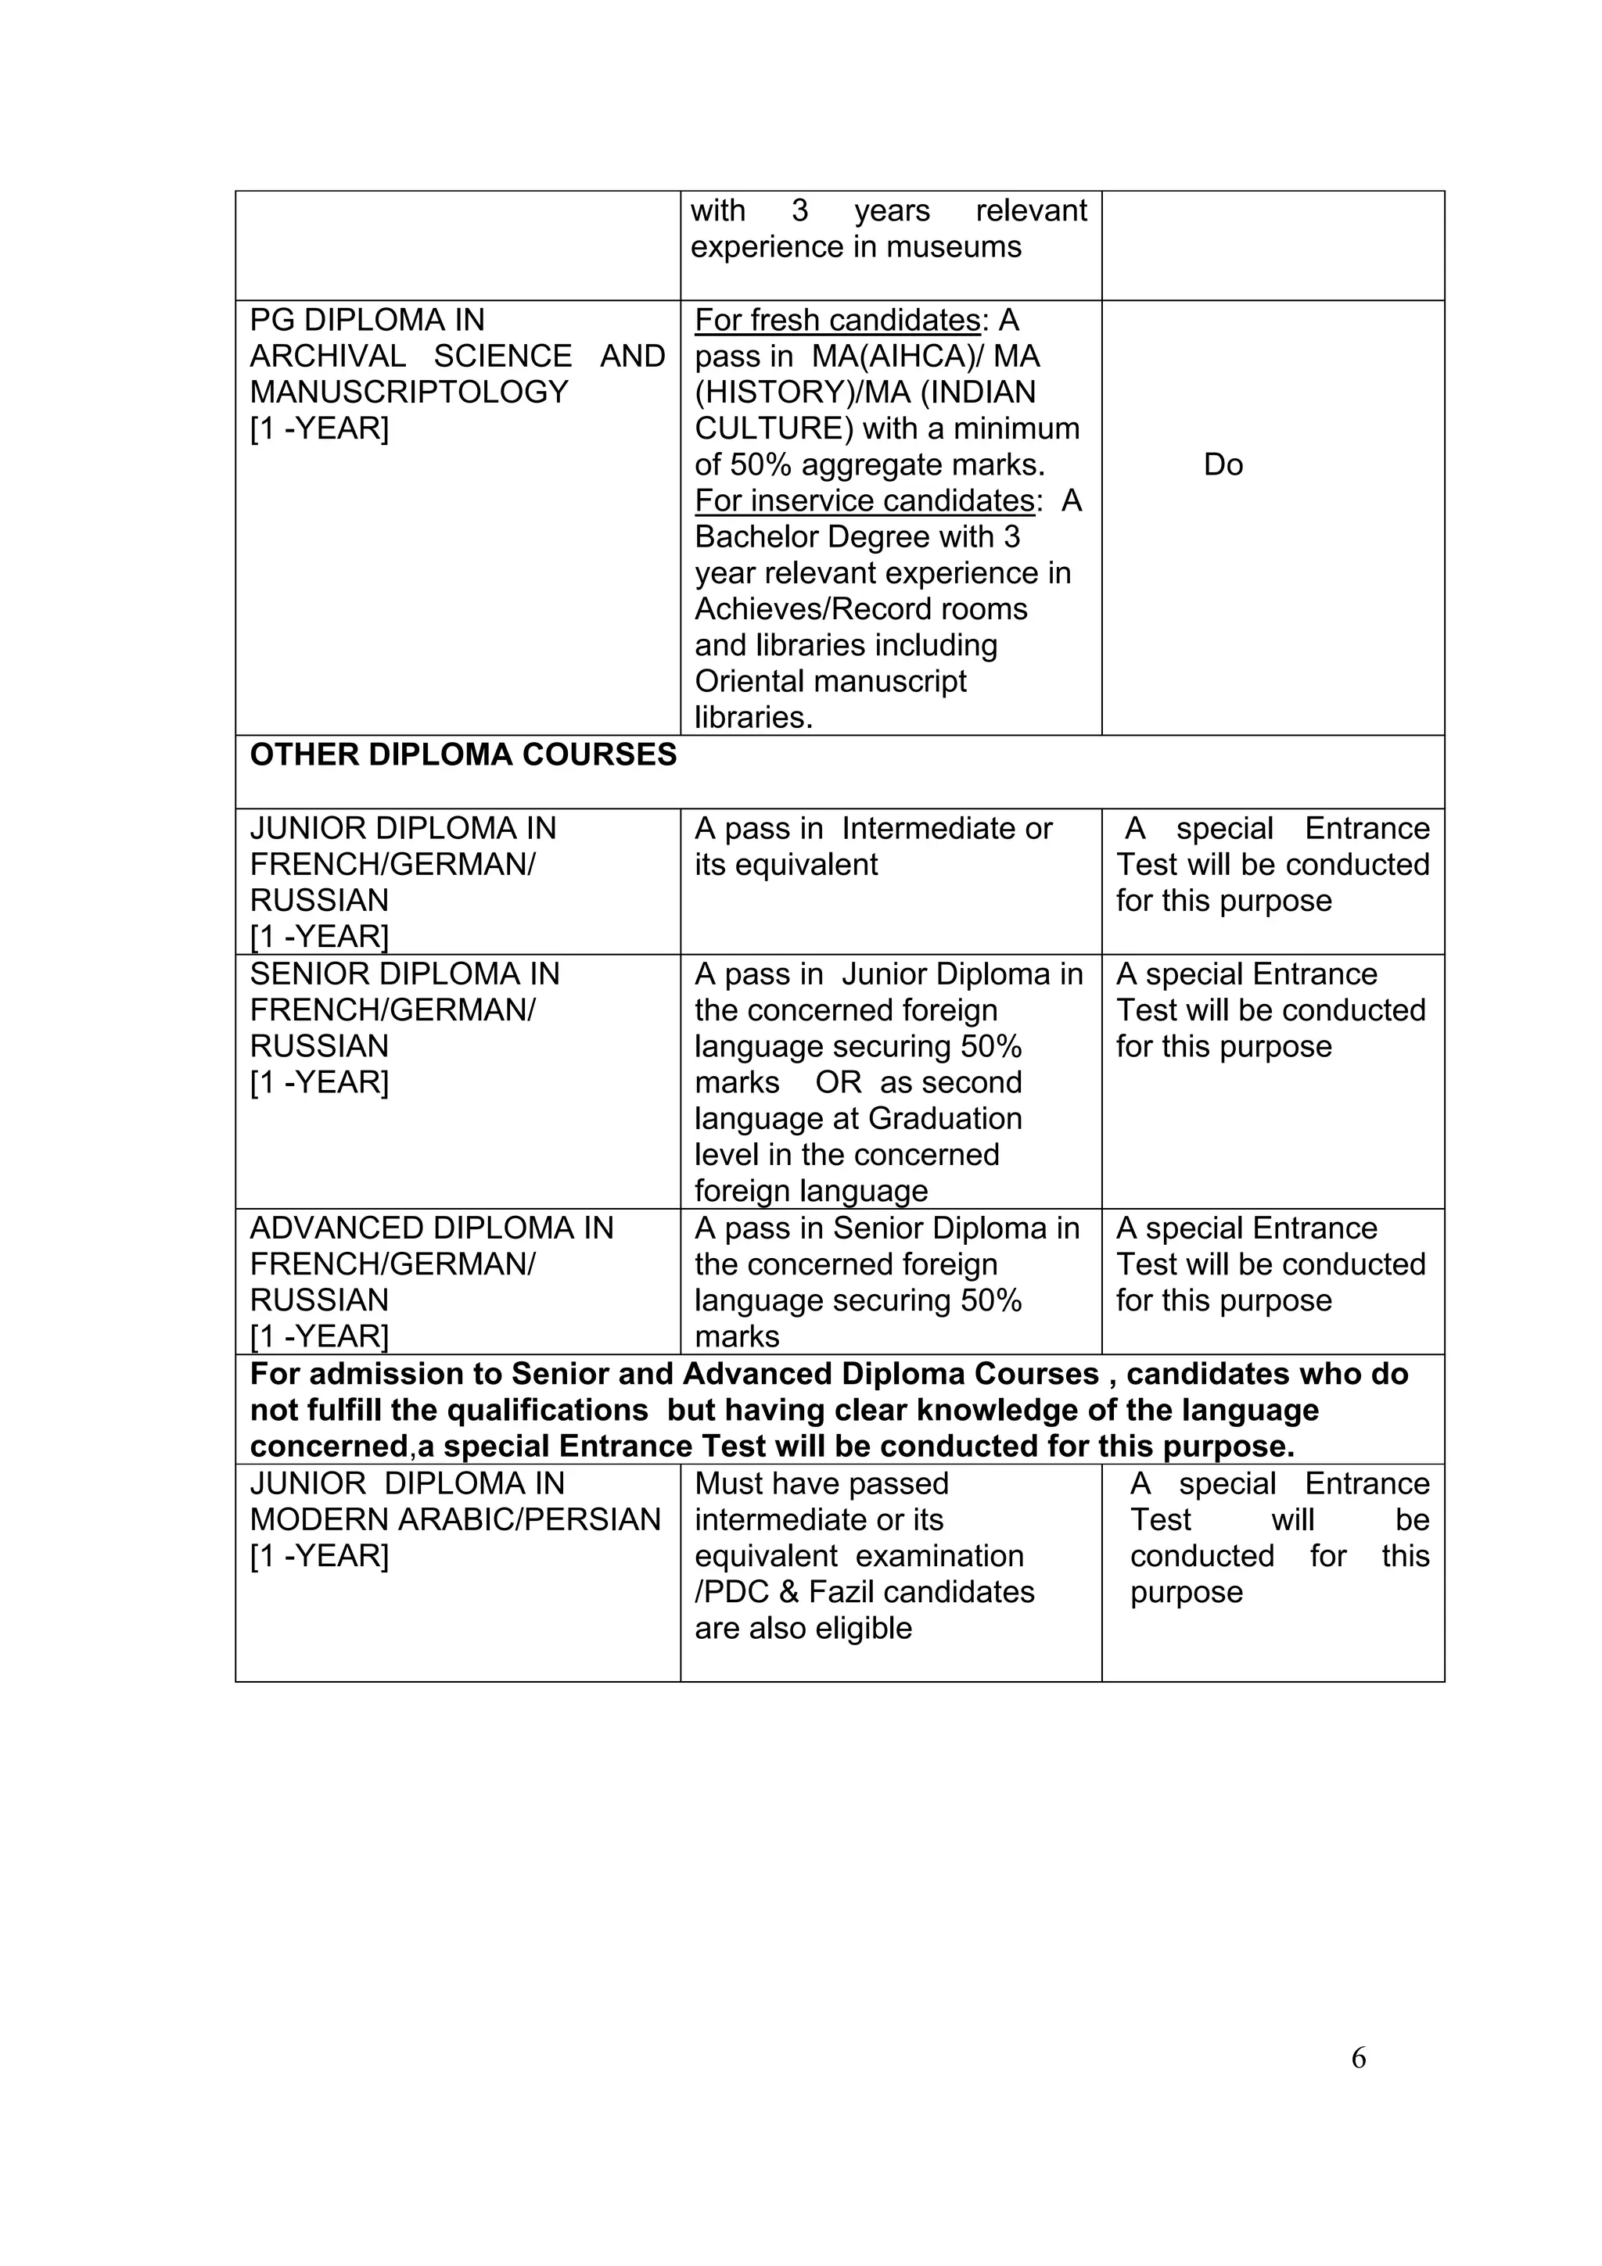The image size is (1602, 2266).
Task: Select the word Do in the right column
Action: click(x=1223, y=464)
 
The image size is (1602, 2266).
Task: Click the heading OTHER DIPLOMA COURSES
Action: click(x=463, y=755)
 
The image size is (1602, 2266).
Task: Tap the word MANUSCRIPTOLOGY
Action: click(x=408, y=393)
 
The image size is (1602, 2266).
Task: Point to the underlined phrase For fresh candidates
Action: click(x=837, y=321)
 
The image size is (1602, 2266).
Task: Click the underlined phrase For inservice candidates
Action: click(x=864, y=501)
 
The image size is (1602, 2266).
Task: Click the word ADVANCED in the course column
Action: click(x=336, y=1228)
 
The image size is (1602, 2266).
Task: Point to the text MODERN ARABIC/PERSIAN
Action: click(x=455, y=1520)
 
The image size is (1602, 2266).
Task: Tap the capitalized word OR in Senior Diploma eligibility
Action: click(x=838, y=1083)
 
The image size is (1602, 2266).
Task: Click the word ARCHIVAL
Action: click(x=328, y=357)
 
